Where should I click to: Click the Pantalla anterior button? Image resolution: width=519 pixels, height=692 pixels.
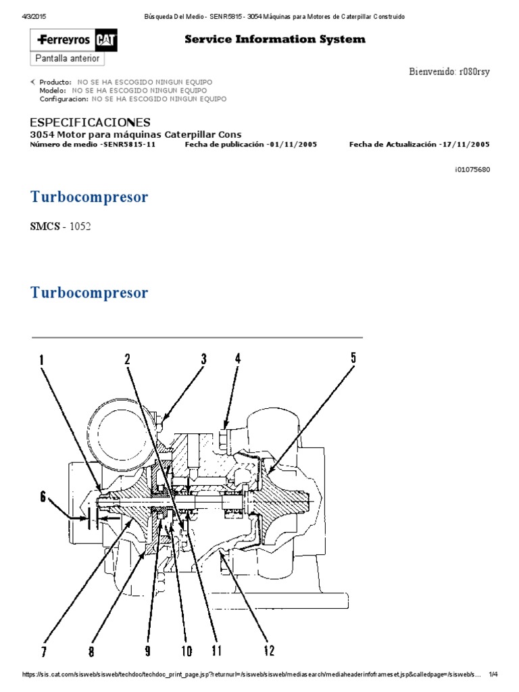68,59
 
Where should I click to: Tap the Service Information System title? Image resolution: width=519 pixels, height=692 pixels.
275,39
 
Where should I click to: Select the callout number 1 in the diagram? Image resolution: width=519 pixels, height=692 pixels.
41,361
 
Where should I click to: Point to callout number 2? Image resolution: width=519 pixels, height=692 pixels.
127,360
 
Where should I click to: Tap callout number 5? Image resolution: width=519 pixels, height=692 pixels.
353,358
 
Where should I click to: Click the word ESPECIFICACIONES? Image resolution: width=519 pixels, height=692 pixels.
91,122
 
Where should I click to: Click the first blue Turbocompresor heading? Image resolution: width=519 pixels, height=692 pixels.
89,197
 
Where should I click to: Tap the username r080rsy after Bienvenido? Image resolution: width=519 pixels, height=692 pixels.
474,72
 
